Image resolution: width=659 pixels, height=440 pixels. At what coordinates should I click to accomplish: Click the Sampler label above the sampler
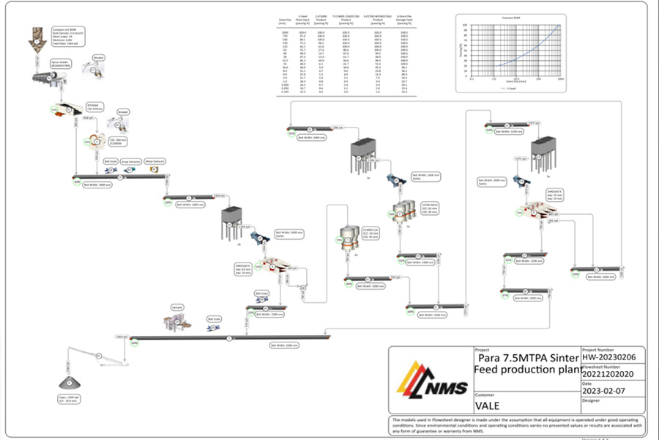(x=176, y=307)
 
